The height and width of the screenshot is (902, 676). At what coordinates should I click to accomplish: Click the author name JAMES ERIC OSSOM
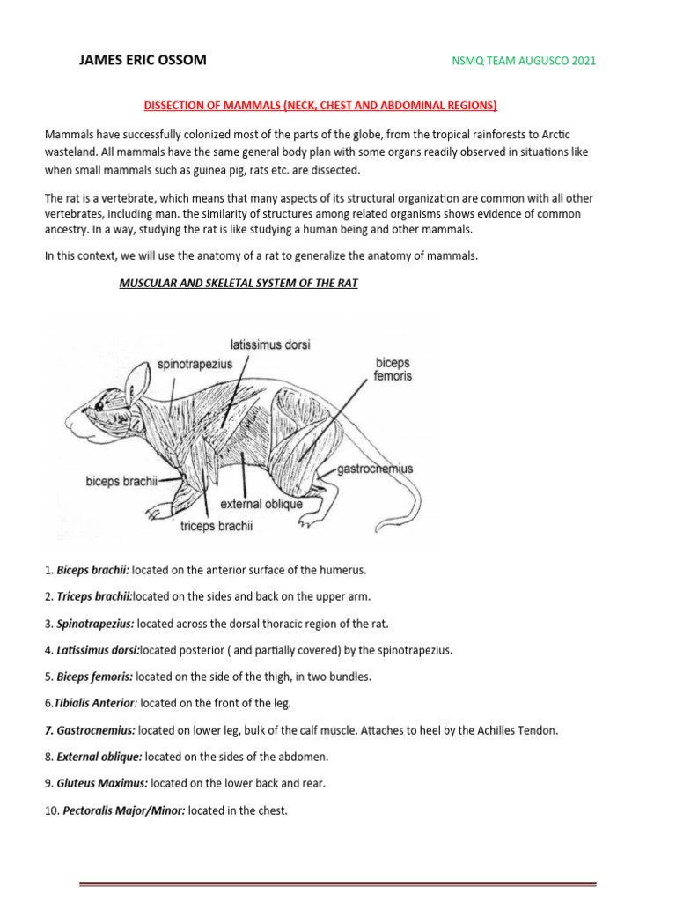tap(143, 61)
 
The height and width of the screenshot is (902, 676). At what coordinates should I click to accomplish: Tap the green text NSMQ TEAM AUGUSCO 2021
tap(523, 61)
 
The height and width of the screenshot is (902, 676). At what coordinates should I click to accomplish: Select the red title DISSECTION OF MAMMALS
tap(320, 106)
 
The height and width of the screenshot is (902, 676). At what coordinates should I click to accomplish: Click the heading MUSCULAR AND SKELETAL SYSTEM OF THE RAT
tap(238, 285)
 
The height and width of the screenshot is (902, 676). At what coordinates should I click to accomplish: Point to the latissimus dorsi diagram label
tap(270, 344)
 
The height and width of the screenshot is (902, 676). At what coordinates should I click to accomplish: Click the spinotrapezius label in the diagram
tap(195, 363)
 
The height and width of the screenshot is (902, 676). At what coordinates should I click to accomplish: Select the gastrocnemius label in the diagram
tap(375, 469)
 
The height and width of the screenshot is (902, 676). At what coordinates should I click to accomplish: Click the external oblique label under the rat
tap(261, 505)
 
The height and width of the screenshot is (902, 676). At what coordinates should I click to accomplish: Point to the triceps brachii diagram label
tap(216, 526)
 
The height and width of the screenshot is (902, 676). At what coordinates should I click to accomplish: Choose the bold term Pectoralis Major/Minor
tap(123, 810)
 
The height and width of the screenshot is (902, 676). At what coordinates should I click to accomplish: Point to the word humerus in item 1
tap(343, 570)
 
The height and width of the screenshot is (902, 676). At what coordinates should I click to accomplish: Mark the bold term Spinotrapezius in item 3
tap(95, 623)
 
